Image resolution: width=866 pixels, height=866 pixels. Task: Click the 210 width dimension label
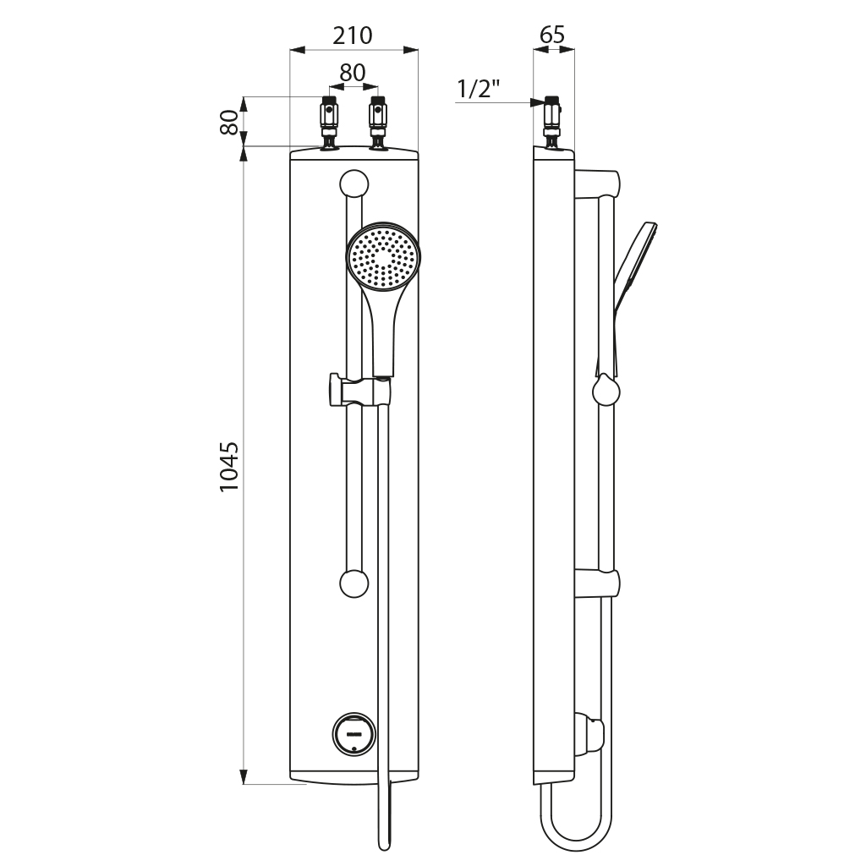pyautogui.click(x=353, y=36)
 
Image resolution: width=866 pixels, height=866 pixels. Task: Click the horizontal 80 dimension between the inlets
pyautogui.click(x=353, y=73)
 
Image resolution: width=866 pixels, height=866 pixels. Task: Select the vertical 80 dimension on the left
pyautogui.click(x=227, y=122)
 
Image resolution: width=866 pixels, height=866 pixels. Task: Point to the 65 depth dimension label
pyautogui.click(x=551, y=35)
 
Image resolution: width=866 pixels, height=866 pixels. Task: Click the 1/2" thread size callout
pyautogui.click(x=479, y=89)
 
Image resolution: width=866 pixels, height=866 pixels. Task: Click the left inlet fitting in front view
pyautogui.click(x=329, y=123)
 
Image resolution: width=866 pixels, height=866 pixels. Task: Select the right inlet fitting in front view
pyautogui.click(x=378, y=123)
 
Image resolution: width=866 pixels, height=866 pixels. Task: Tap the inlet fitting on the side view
pyautogui.click(x=552, y=122)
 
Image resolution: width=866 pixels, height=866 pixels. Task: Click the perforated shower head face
pyautogui.click(x=384, y=256)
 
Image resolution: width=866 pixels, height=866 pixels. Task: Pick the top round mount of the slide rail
pyautogui.click(x=354, y=184)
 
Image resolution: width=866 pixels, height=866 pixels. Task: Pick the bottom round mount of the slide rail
pyautogui.click(x=354, y=584)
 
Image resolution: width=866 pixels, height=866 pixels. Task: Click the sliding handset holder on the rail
pyautogui.click(x=359, y=392)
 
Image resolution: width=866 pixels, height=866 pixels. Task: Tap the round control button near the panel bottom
pyautogui.click(x=354, y=733)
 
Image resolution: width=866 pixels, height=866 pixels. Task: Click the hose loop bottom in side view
pyautogui.click(x=575, y=843)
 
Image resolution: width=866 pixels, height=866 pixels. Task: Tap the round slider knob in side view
pyautogui.click(x=606, y=392)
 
